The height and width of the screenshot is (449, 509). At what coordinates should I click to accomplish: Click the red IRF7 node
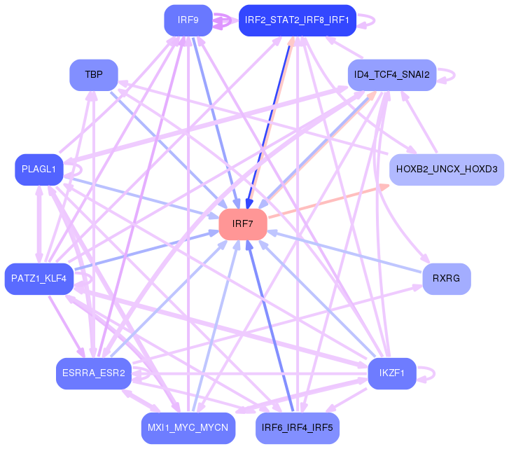pyautogui.click(x=242, y=224)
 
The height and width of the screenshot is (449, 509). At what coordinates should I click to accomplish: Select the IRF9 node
pyautogui.click(x=188, y=20)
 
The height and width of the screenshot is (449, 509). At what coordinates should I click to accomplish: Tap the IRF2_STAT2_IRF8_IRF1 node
pyautogui.click(x=298, y=20)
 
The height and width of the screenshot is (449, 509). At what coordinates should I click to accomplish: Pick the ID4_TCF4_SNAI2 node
pyautogui.click(x=391, y=74)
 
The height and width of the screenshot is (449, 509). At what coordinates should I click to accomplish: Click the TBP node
pyautogui.click(x=93, y=74)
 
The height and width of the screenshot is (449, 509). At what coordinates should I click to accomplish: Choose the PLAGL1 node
pyautogui.click(x=39, y=170)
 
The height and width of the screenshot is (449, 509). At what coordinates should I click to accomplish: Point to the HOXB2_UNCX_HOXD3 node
pyautogui.click(x=446, y=170)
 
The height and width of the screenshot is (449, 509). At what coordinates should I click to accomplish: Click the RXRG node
pyautogui.click(x=446, y=279)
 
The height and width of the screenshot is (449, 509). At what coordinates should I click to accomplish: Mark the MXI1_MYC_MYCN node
pyautogui.click(x=188, y=427)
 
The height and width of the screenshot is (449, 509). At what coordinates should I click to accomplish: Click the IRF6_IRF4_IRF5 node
pyautogui.click(x=297, y=427)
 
